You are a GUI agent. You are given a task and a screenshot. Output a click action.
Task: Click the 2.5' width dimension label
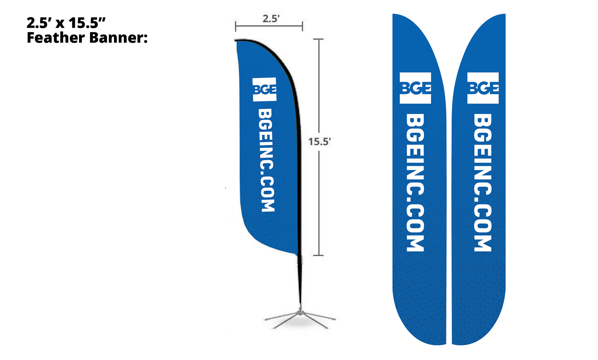[x=271, y=19]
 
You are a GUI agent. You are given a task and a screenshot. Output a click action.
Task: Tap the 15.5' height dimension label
[x=319, y=142]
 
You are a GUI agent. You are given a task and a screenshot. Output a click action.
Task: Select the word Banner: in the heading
[x=118, y=38]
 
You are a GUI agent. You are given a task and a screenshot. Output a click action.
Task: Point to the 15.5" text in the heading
[x=87, y=23]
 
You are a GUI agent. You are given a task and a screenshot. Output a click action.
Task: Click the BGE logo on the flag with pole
[x=264, y=89]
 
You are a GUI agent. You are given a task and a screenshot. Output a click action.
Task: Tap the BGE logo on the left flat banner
[x=415, y=88]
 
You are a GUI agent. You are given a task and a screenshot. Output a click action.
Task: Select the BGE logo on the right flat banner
[x=483, y=88]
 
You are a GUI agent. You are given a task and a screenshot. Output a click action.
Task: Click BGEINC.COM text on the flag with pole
[x=267, y=160]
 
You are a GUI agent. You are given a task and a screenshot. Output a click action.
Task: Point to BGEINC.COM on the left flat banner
[x=415, y=182]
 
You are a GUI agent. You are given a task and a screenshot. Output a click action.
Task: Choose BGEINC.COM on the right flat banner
[x=483, y=182]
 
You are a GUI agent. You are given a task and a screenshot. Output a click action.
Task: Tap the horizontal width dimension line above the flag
[x=269, y=26]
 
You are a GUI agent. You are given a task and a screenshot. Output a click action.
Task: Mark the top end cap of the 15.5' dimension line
[x=318, y=39]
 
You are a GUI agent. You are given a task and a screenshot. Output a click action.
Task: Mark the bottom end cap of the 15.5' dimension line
[x=318, y=255]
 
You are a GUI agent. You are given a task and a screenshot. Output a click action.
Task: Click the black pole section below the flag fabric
[x=300, y=280]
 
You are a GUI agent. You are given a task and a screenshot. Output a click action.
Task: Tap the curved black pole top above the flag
[x=268, y=47]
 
